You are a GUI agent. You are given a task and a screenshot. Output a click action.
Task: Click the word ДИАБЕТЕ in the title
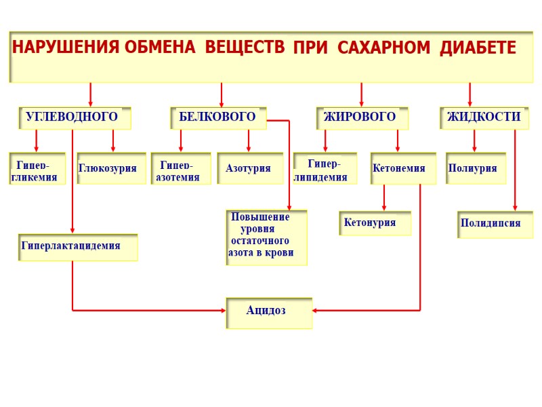pyautogui.click(x=478, y=49)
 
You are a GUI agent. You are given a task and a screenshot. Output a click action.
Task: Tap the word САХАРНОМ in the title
pyautogui.click(x=384, y=49)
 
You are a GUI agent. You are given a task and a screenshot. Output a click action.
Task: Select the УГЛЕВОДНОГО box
pyautogui.click(x=74, y=117)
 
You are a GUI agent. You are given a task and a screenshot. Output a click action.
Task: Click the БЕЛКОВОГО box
pyautogui.click(x=217, y=117)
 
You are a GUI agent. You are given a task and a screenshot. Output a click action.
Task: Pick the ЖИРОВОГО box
pyautogui.click(x=362, y=117)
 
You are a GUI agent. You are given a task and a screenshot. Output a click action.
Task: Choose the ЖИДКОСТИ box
pyautogui.click(x=484, y=117)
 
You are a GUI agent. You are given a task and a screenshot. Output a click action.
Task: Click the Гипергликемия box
pyautogui.click(x=37, y=169)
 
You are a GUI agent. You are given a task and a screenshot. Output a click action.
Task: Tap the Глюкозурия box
pyautogui.click(x=111, y=168)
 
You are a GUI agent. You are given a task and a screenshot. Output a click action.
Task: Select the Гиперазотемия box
pyautogui.click(x=180, y=169)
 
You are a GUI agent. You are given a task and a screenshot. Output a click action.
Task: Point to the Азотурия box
pyautogui.click(x=249, y=168)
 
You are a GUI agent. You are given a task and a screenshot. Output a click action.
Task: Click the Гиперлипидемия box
pyautogui.click(x=325, y=169)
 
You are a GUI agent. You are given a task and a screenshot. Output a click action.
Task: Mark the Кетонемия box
pyautogui.click(x=402, y=168)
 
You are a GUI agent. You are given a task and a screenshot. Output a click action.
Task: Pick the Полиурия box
pyautogui.click(x=475, y=168)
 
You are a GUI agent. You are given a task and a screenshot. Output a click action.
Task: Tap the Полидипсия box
pyautogui.click(x=495, y=224)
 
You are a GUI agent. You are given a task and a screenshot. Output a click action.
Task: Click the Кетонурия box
pyautogui.click(x=374, y=223)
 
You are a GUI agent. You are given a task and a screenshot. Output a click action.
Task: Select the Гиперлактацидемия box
pyautogui.click(x=77, y=247)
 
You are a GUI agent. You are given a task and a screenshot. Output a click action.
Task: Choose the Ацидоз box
pyautogui.click(x=268, y=312)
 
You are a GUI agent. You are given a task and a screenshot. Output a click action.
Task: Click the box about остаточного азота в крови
pyautogui.click(x=266, y=237)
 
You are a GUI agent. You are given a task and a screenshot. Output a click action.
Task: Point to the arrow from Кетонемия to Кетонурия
pyautogui.click(x=384, y=198)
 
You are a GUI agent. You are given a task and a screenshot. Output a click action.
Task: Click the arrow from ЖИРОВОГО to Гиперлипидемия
pyautogui.click(x=325, y=140)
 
